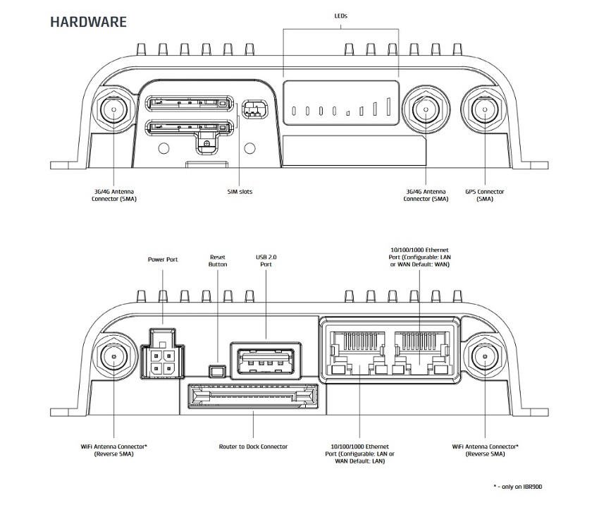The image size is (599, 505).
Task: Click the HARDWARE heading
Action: coord(88,22)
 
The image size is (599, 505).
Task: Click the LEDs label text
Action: coord(341,16)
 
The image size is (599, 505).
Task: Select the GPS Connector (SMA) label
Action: coord(484,195)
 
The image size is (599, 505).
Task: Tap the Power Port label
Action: coord(162,260)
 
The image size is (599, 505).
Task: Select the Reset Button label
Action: coord(218,261)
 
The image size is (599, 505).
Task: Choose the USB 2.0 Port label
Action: coord(266,261)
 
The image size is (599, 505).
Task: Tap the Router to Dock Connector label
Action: coord(253,446)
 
